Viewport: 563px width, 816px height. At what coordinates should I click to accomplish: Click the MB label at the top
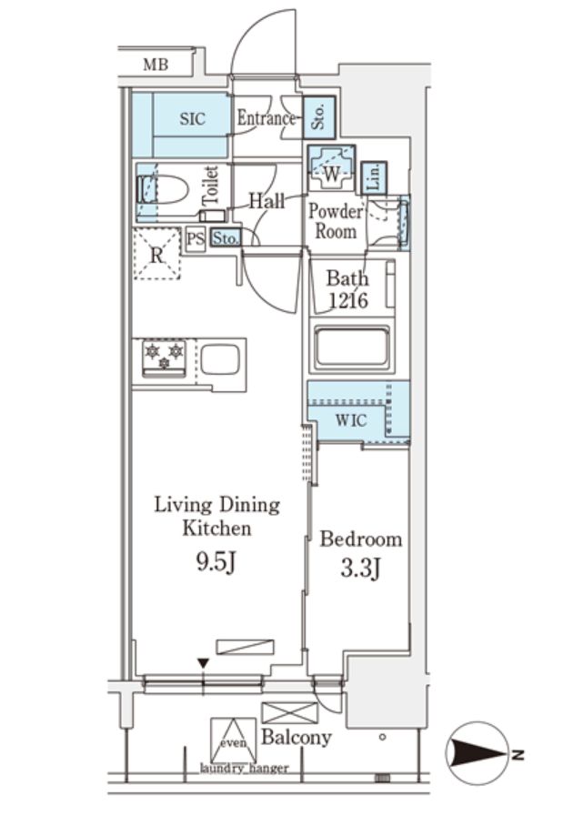(x=156, y=65)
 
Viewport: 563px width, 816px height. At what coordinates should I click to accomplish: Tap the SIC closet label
(x=192, y=118)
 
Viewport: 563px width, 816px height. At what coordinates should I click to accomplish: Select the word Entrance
(x=266, y=118)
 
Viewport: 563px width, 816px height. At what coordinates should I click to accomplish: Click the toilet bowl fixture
(x=162, y=189)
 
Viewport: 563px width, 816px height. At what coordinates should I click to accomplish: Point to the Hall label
(x=266, y=201)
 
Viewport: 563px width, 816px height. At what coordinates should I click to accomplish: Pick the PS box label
(x=196, y=239)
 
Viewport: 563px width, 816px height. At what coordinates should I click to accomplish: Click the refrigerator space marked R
(x=156, y=255)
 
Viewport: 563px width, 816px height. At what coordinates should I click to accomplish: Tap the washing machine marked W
(x=331, y=168)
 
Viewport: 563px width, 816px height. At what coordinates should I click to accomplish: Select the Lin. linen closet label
(x=374, y=177)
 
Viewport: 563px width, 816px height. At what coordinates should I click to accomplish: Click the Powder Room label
(x=336, y=221)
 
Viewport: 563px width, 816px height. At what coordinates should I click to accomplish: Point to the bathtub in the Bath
(x=352, y=348)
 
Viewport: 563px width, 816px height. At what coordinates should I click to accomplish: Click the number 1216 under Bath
(x=348, y=300)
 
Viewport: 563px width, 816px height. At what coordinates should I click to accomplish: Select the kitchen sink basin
(x=220, y=359)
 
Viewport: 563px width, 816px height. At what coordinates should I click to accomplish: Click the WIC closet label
(x=351, y=420)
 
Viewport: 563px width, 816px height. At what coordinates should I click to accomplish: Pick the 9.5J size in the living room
(x=217, y=562)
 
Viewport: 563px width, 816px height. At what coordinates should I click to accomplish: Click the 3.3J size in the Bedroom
(x=360, y=569)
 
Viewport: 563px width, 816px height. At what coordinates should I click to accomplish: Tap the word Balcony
(x=297, y=737)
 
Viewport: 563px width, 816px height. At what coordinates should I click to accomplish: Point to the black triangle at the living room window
(x=204, y=663)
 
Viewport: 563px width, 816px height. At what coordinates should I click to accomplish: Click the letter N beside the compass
(x=517, y=753)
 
